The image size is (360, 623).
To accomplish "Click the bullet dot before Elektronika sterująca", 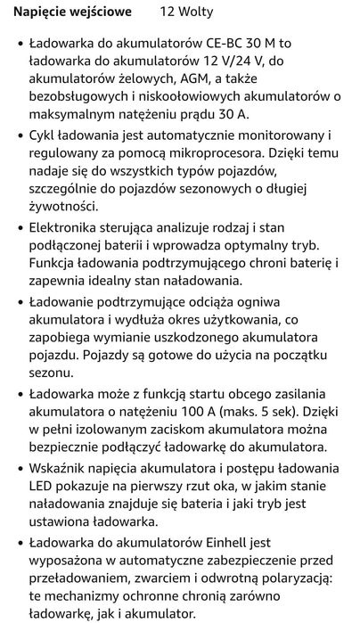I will point(20,230).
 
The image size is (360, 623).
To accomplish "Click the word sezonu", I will point(53,383).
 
